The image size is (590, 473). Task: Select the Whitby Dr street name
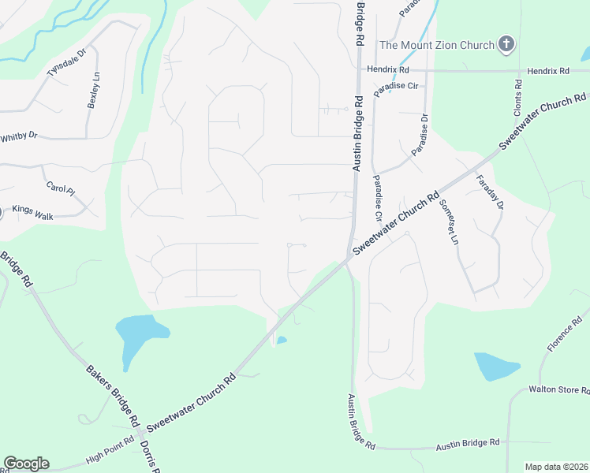click(x=19, y=136)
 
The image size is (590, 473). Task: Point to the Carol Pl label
click(x=60, y=189)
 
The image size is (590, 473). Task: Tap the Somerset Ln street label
click(x=448, y=222)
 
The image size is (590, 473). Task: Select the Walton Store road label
click(x=559, y=389)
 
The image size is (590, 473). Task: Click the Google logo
click(x=26, y=464)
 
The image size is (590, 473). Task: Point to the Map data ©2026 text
click(x=557, y=466)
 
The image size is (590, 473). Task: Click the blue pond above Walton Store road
click(x=495, y=367)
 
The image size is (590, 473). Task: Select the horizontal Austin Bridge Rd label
click(x=469, y=446)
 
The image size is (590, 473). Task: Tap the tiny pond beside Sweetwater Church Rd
click(x=282, y=341)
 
